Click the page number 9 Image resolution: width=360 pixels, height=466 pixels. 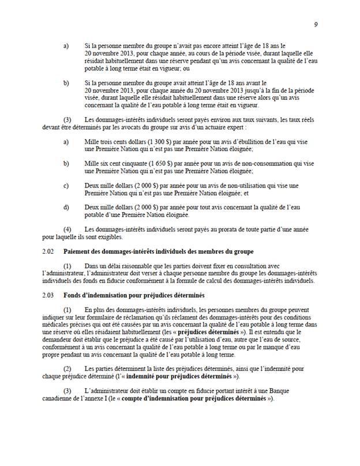pos(316,24)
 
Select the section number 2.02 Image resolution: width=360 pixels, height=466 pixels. pos(49,251)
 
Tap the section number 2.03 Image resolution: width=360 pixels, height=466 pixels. pos(49,295)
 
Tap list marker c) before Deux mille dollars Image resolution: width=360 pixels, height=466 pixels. pos(66,186)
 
